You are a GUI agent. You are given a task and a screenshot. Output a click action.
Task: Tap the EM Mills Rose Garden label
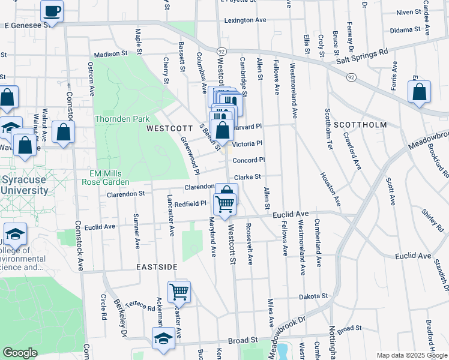pyautogui.click(x=106, y=178)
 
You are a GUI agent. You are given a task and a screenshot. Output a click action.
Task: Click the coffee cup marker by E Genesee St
pyautogui.click(x=52, y=11)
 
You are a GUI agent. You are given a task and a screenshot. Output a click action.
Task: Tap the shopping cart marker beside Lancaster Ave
pyautogui.click(x=179, y=292)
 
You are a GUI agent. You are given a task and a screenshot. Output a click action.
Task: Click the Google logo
pyautogui.click(x=20, y=353)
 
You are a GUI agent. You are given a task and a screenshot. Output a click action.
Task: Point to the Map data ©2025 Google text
pyautogui.click(x=412, y=355)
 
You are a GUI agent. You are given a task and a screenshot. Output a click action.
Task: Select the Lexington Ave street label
pyautogui.click(x=245, y=20)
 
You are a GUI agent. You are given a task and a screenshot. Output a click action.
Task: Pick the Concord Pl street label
pyautogui.click(x=249, y=160)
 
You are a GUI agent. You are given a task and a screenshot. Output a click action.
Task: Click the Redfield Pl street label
pyautogui.click(x=191, y=204)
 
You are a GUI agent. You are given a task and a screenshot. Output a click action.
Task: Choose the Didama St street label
pyautogui.click(x=404, y=29)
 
